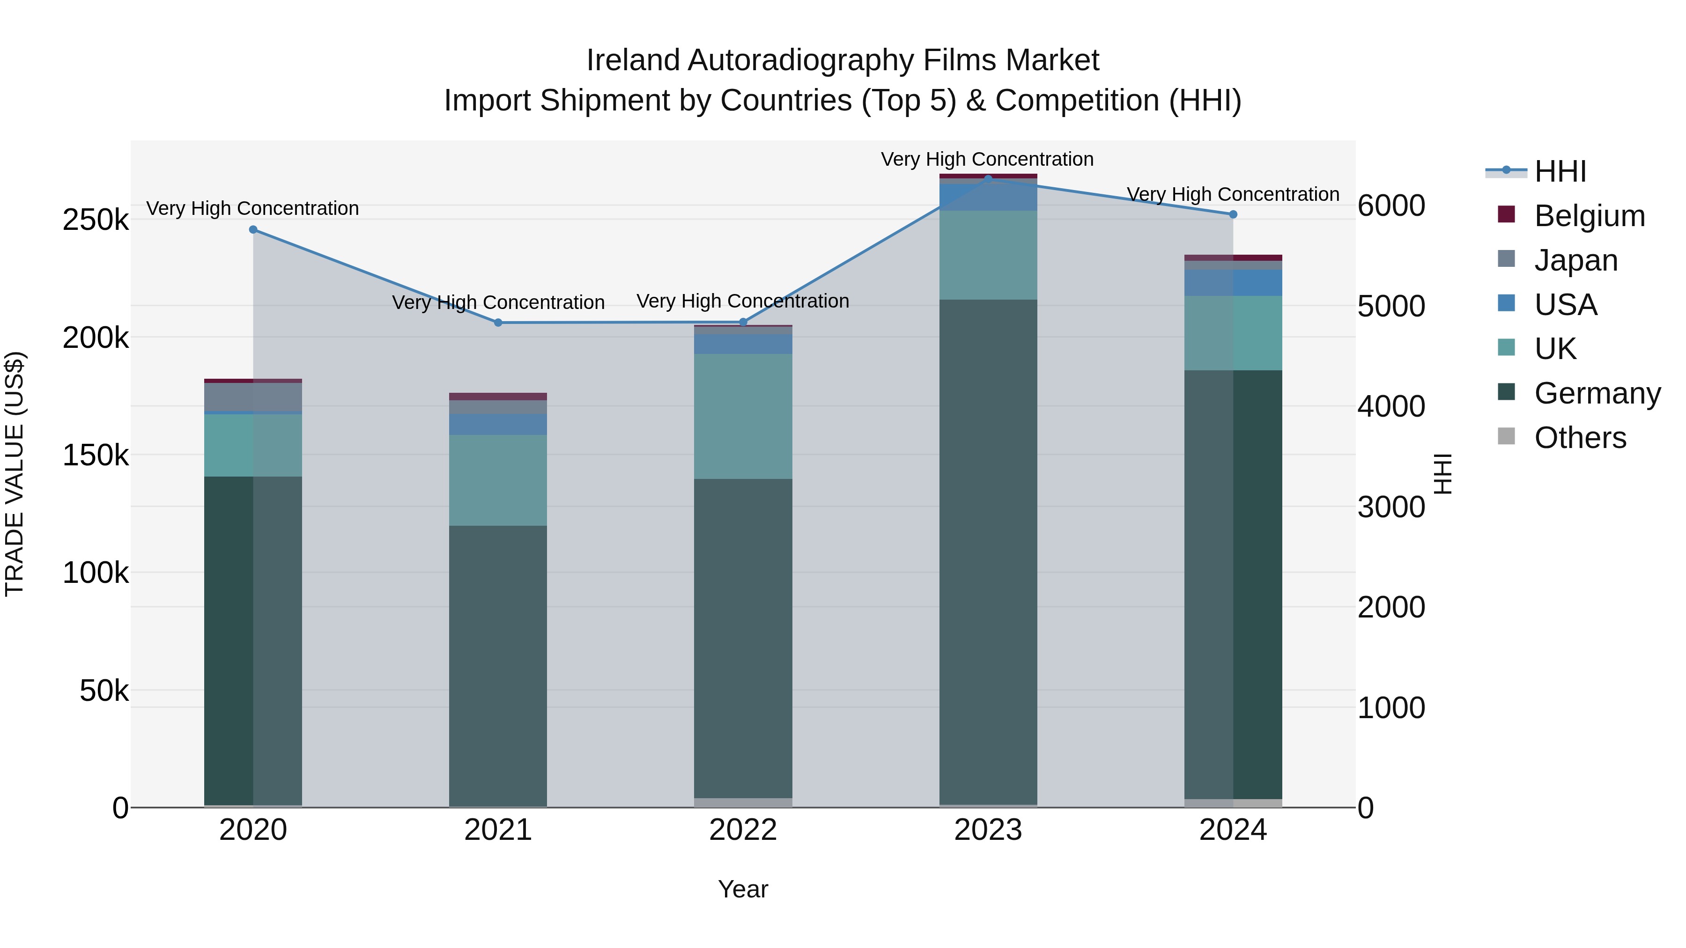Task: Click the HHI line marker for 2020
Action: click(253, 230)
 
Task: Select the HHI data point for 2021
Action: click(498, 323)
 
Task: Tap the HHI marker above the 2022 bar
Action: click(743, 322)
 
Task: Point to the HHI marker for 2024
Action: click(1233, 214)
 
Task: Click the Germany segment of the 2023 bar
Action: click(988, 550)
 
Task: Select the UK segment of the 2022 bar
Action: click(743, 416)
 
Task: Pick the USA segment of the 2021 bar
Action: click(498, 425)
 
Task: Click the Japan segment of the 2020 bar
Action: click(253, 397)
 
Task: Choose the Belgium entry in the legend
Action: click(1589, 216)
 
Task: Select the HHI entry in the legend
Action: click(1560, 171)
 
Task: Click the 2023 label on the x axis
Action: click(988, 830)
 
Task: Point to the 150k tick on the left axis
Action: click(96, 456)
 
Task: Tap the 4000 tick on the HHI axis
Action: click(1391, 406)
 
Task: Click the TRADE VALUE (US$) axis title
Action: click(15, 474)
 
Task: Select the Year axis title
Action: click(743, 889)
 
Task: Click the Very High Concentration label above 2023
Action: click(987, 159)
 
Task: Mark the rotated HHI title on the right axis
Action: click(1442, 474)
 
